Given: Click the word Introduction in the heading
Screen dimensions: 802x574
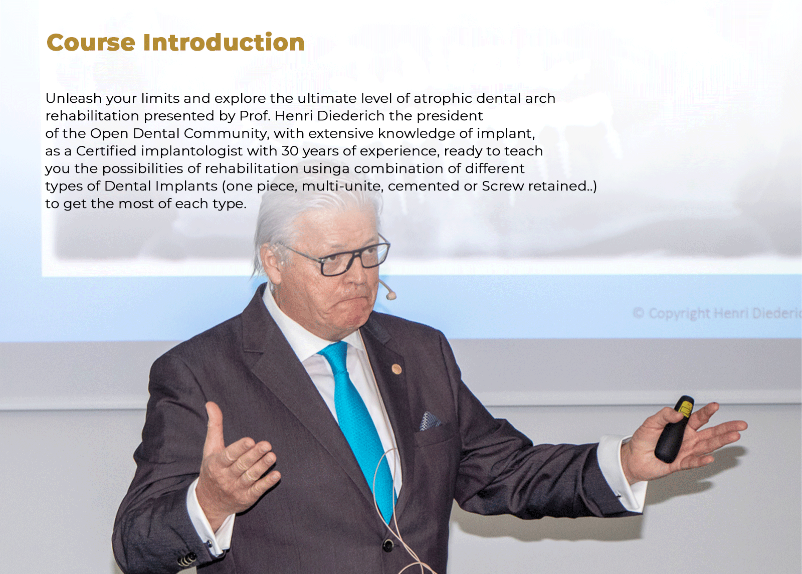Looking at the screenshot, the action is (224, 42).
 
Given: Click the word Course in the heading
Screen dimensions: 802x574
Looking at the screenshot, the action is (91, 43).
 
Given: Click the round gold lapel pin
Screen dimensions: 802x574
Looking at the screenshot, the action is (396, 368).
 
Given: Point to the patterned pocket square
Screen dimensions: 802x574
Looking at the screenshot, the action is (430, 421).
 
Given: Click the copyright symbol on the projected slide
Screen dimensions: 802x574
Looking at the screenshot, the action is (639, 313).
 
